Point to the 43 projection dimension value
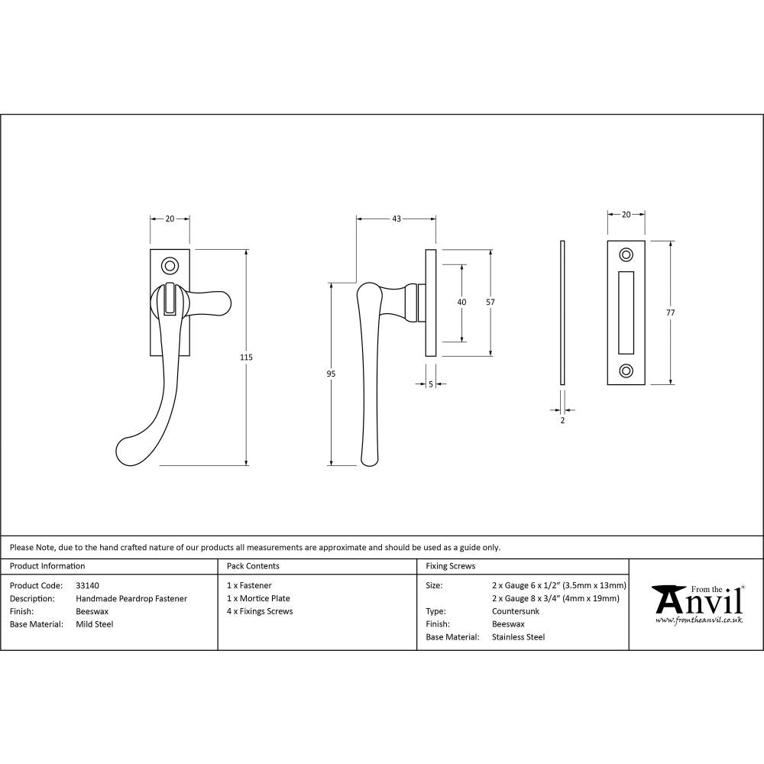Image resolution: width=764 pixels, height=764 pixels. pyautogui.click(x=397, y=219)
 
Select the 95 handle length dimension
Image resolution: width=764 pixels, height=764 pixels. pyautogui.click(x=331, y=374)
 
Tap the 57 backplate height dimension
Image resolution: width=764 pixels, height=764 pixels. pyautogui.click(x=490, y=302)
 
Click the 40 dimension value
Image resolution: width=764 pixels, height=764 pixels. pyautogui.click(x=461, y=302)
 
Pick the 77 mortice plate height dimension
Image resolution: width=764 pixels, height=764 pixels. pyautogui.click(x=671, y=312)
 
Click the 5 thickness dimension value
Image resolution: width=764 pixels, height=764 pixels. pyautogui.click(x=431, y=384)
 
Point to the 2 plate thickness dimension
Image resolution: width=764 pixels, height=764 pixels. pyautogui.click(x=562, y=420)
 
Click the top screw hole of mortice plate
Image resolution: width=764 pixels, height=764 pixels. pyautogui.click(x=626, y=254)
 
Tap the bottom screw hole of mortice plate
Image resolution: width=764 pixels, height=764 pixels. pyautogui.click(x=626, y=371)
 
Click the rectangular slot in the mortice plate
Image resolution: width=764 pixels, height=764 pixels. pyautogui.click(x=626, y=312)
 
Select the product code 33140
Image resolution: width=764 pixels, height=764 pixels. pyautogui.click(x=88, y=585)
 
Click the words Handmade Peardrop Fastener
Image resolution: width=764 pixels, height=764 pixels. pyautogui.click(x=131, y=598)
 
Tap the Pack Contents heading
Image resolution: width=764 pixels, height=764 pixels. pyautogui.click(x=253, y=566)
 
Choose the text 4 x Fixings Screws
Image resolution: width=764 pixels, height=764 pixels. pyautogui.click(x=260, y=611)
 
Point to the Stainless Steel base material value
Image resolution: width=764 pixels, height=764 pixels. pyautogui.click(x=519, y=636)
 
